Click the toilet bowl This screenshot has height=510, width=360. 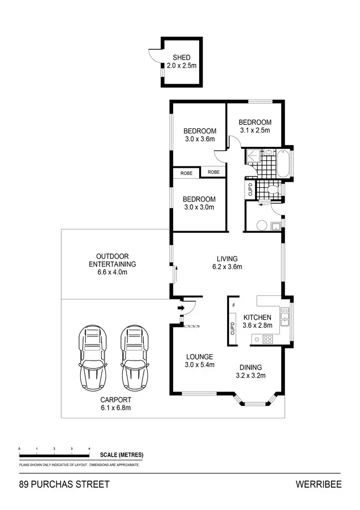pos(271,190)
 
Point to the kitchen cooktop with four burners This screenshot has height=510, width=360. pos(267,340)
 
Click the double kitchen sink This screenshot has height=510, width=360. pos(284,316)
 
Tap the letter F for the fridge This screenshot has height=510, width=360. pos(233,304)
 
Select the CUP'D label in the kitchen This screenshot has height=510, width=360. pos(233,329)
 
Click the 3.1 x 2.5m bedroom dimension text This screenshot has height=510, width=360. pos(254,130)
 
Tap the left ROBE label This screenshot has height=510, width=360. pos(186,173)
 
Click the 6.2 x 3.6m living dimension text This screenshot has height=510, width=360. pos(227,266)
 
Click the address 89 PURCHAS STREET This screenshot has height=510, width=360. pos(64,484)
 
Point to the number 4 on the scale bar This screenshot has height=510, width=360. pos(89,449)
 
